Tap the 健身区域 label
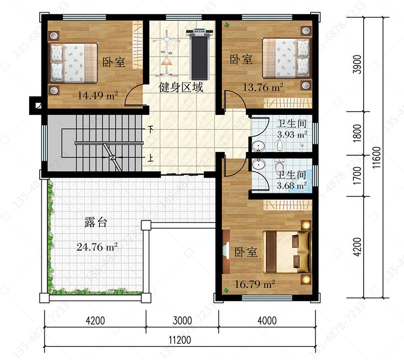point(180,88)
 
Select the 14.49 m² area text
point(98,95)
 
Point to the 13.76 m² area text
point(263,87)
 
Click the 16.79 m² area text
point(255,284)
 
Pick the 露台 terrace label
point(95,222)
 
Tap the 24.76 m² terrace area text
point(97,247)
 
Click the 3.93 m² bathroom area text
point(292,135)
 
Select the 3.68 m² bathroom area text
point(291,185)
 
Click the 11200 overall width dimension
point(180,340)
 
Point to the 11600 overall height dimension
point(377,157)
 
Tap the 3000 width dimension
point(182,321)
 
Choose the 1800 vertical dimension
point(357,133)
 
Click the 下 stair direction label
point(150,129)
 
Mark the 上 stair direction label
point(150,158)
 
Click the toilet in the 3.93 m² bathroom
point(279,146)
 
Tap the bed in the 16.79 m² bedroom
point(286,252)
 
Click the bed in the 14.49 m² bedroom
point(73,63)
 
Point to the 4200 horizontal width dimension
point(95,321)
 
